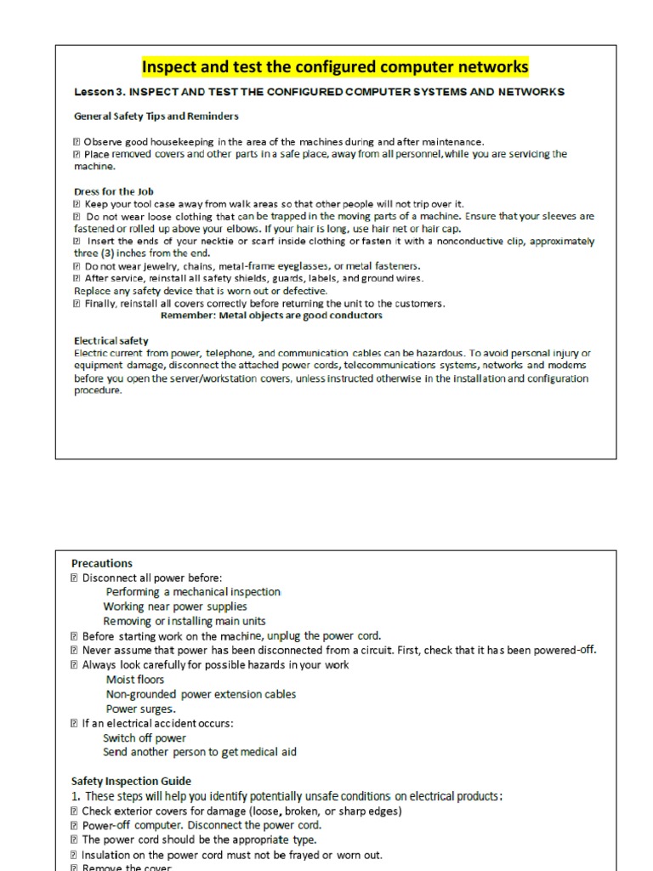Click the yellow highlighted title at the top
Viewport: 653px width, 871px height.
(x=334, y=66)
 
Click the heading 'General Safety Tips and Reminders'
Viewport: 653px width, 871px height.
(x=156, y=116)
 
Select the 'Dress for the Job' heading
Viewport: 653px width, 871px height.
(x=113, y=191)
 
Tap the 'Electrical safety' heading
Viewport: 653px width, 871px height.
(x=111, y=340)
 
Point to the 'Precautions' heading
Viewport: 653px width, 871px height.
(x=102, y=563)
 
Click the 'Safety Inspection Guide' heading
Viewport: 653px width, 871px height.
(x=131, y=781)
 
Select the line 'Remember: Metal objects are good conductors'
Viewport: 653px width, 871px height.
(x=271, y=316)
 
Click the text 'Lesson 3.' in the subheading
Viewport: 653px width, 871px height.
(x=100, y=92)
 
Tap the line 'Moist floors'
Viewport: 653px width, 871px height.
(x=135, y=680)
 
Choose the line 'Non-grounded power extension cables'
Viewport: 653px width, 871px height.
(x=201, y=694)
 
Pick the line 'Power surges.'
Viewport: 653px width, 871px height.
(x=141, y=709)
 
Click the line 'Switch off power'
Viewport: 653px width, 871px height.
(x=145, y=737)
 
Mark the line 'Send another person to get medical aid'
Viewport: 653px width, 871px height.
(x=200, y=752)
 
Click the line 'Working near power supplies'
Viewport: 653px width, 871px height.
(x=175, y=606)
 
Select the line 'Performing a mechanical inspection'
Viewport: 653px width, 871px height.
(x=193, y=592)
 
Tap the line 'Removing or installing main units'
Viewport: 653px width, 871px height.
(x=185, y=621)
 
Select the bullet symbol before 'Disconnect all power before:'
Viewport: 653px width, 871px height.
(x=75, y=578)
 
